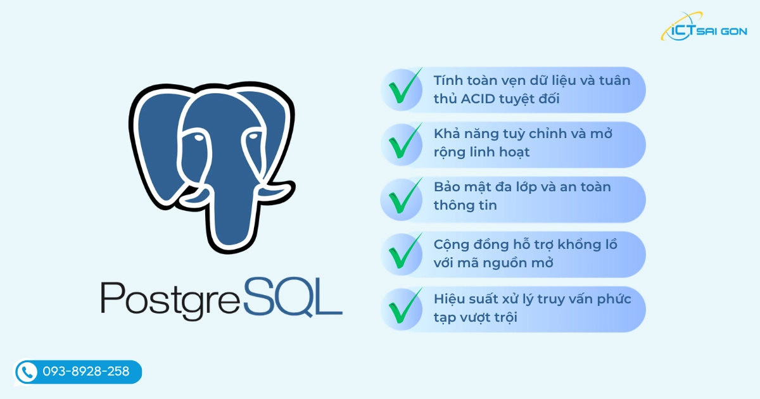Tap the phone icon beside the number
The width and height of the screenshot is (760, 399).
point(27,372)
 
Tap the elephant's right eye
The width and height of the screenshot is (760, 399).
point(253,137)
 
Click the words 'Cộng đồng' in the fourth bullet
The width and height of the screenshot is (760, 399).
point(469,244)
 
